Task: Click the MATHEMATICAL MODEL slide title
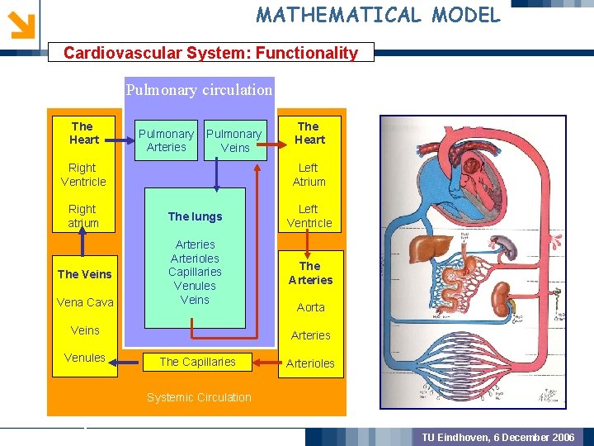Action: pos(378,14)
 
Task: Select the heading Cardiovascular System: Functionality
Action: pos(210,53)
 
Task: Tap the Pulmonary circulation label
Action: pos(199,89)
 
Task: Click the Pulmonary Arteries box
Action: pos(166,140)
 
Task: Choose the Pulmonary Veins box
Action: pos(234,140)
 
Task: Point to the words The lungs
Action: pos(195,216)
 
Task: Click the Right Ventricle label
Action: pos(83,174)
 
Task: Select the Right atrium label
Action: pos(82,216)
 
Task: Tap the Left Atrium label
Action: pos(309,174)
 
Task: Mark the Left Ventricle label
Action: pos(309,216)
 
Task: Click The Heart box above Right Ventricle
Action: pos(83,133)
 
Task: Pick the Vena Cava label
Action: pos(85,302)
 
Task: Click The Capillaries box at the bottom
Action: pos(197,362)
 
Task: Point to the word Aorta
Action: pos(310,307)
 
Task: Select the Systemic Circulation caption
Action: pos(199,397)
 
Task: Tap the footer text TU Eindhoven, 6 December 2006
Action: pos(498,437)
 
